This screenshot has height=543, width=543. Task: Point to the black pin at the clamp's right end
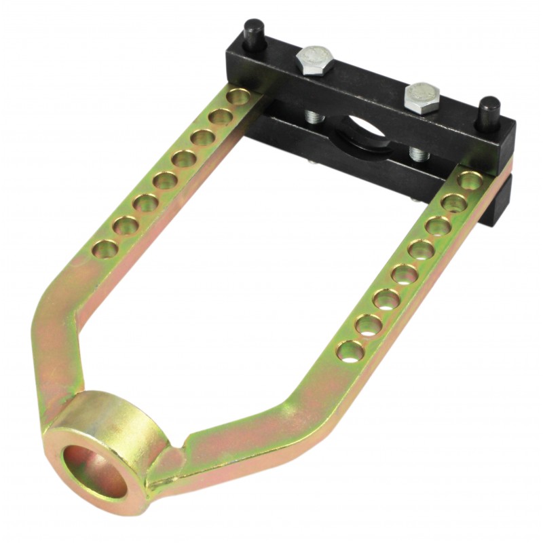click(490, 109)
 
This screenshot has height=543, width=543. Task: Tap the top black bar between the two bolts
click(367, 81)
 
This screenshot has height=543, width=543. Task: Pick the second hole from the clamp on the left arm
click(218, 117)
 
